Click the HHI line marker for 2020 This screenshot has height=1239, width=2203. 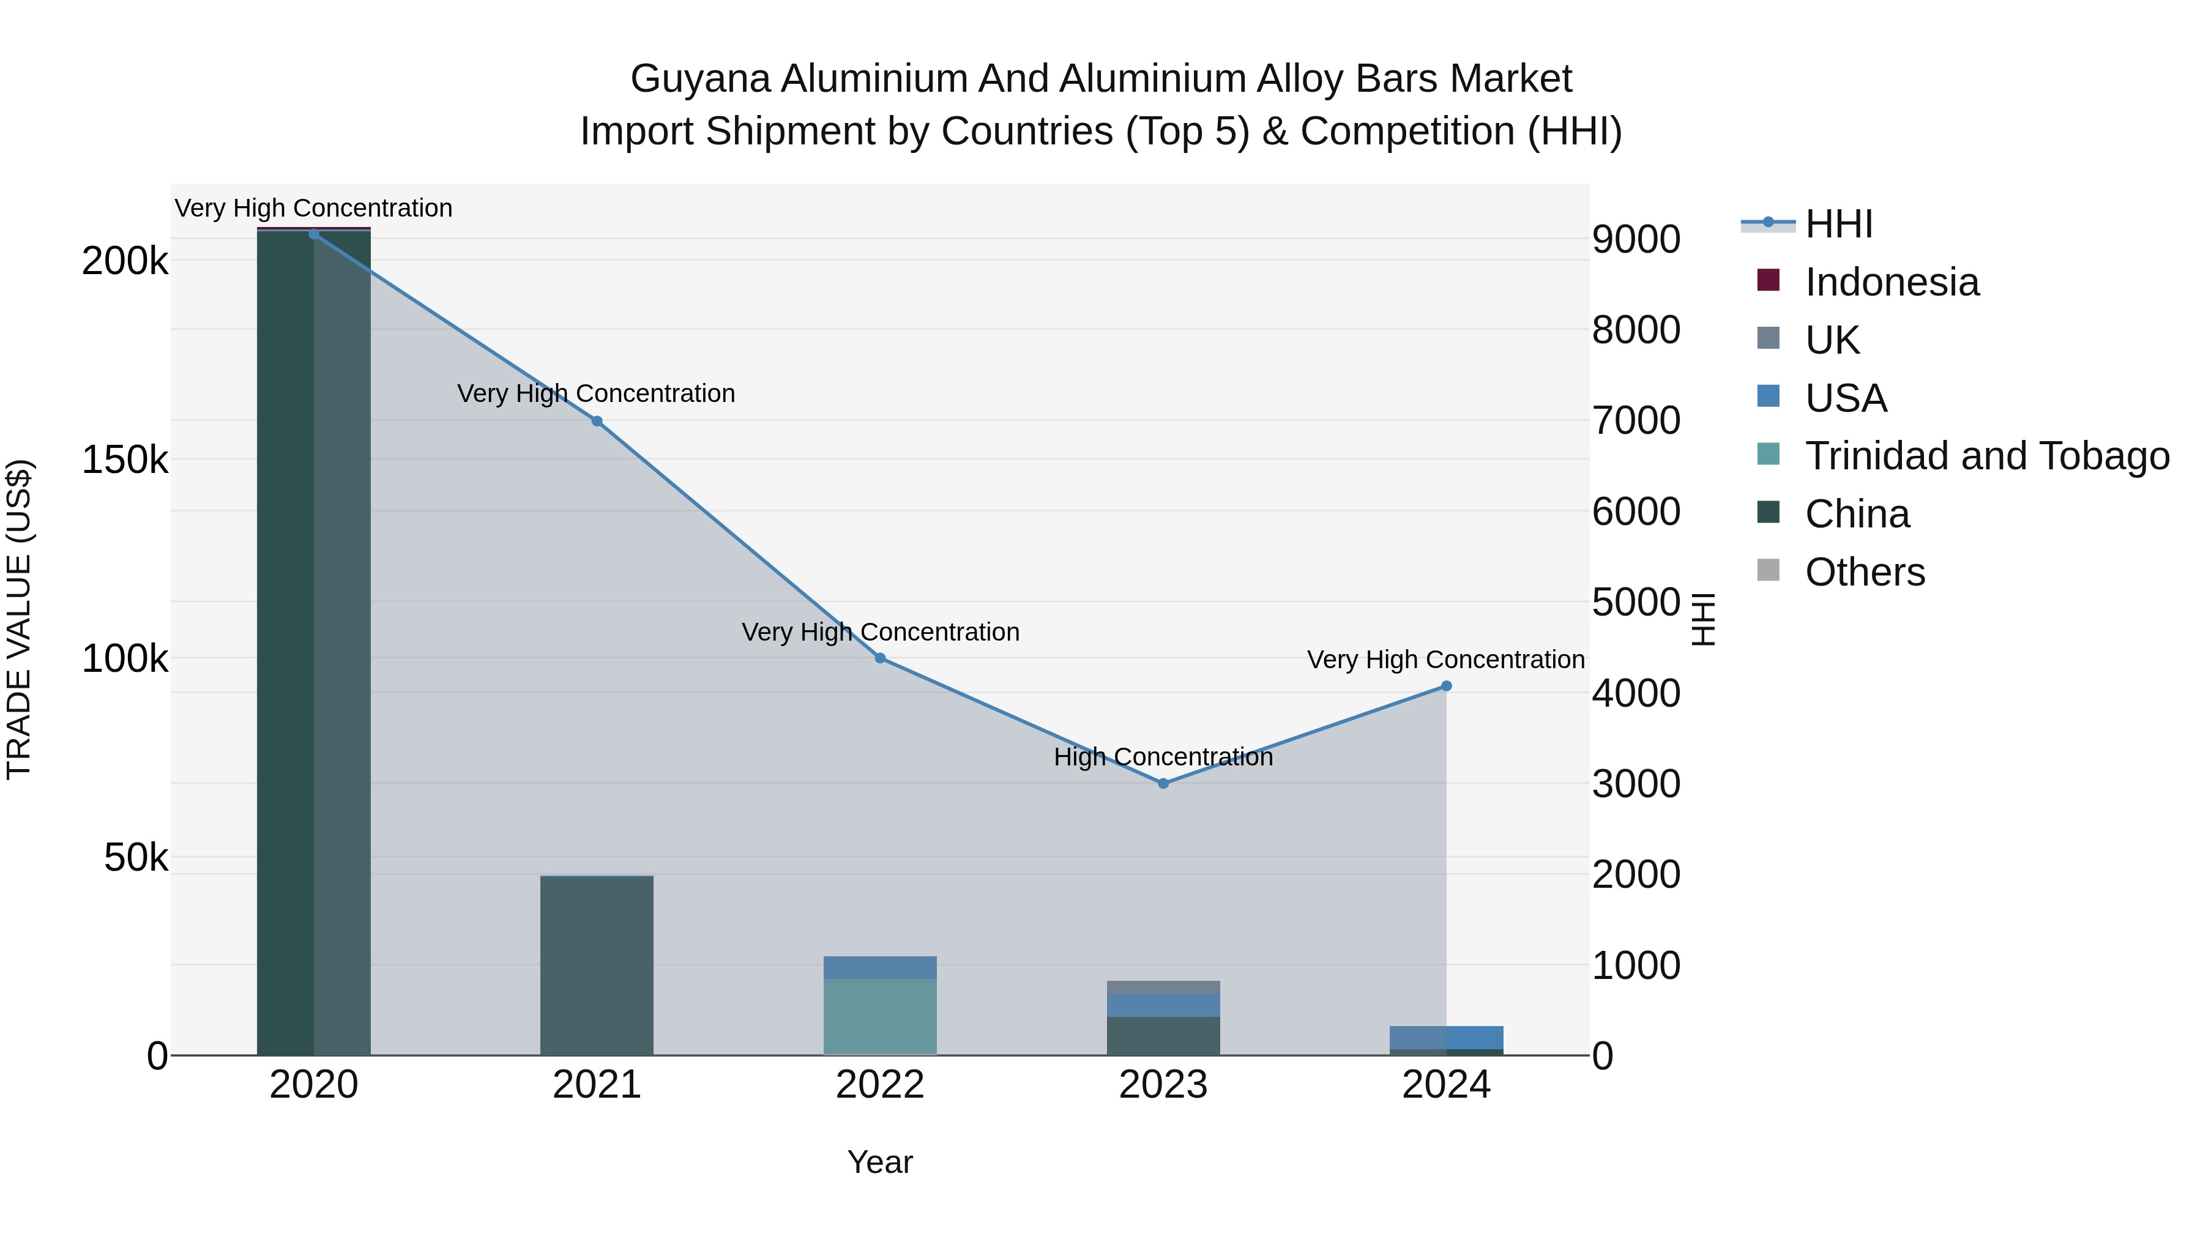314,234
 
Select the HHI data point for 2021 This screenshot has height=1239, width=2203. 597,421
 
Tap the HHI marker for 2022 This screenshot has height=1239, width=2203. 880,658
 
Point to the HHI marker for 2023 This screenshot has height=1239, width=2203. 1163,783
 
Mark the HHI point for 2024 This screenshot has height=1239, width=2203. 1446,686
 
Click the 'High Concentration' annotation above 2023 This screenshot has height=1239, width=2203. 1163,757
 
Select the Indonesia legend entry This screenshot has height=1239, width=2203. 1892,282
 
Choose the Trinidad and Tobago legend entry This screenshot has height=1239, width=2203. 1986,456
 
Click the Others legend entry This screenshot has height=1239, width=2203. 1865,572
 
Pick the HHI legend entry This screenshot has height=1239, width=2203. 1839,224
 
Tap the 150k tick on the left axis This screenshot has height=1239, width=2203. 125,460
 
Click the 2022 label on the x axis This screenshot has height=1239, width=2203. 880,1085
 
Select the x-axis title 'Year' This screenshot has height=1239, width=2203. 880,1162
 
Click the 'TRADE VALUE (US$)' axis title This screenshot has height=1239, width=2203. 19,619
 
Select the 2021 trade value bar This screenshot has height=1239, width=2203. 597,966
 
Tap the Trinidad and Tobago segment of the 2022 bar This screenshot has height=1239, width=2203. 880,1017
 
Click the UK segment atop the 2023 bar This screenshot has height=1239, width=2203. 1163,987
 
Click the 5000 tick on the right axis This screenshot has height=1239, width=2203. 1636,602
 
